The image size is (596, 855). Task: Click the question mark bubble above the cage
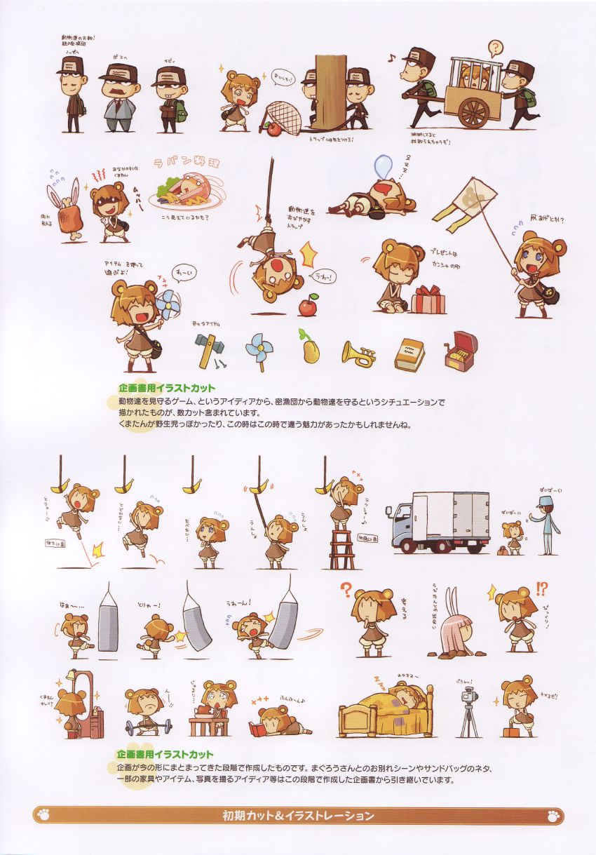point(495,49)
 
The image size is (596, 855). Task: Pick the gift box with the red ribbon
point(428,299)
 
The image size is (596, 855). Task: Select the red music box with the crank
point(461,351)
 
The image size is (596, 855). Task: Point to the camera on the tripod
point(468,708)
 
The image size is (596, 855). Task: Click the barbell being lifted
point(149,722)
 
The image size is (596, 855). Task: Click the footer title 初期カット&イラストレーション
point(298,816)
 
